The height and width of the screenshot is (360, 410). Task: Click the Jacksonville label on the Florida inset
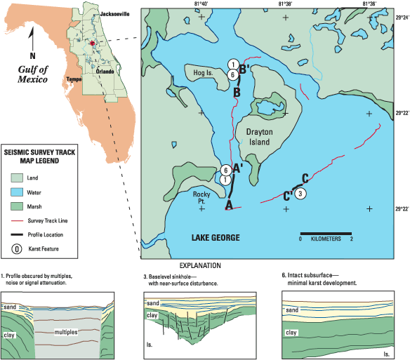pyautogui.click(x=114, y=14)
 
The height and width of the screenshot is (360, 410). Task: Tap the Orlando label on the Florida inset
pyautogui.click(x=105, y=72)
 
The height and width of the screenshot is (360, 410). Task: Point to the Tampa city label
pyautogui.click(x=74, y=79)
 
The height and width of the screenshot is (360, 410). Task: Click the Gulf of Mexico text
pyautogui.click(x=33, y=74)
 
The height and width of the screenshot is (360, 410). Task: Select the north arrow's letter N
pyautogui.click(x=32, y=55)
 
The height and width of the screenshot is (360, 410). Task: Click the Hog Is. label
pyautogui.click(x=203, y=73)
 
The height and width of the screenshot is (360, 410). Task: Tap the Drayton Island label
pyautogui.click(x=259, y=137)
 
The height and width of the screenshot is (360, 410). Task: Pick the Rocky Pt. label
pyautogui.click(x=201, y=198)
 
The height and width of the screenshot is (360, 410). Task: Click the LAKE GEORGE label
pyautogui.click(x=216, y=238)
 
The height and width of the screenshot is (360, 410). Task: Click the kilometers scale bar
pyautogui.click(x=326, y=234)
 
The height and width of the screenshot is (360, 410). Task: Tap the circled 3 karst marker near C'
pyautogui.click(x=300, y=194)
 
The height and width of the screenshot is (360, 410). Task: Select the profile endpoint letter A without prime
pyautogui.click(x=229, y=205)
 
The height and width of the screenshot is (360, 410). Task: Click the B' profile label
pyautogui.click(x=244, y=69)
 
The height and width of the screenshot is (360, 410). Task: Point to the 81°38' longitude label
pyautogui.click(x=285, y=4)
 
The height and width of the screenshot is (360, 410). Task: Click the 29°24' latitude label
pyautogui.click(x=402, y=18)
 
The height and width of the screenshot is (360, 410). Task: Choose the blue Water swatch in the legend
pyautogui.click(x=17, y=192)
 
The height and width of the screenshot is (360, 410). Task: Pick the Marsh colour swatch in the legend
pyautogui.click(x=17, y=206)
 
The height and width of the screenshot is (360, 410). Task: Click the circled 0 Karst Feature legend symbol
pyautogui.click(x=17, y=249)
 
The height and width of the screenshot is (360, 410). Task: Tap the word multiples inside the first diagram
pyautogui.click(x=66, y=332)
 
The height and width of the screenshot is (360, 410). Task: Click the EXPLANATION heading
pyautogui.click(x=200, y=266)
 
